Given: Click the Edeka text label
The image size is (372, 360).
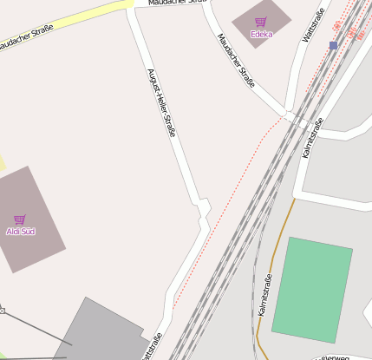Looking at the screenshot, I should pyautogui.click(x=261, y=35).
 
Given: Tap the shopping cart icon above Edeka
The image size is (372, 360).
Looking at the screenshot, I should pyautogui.click(x=261, y=23).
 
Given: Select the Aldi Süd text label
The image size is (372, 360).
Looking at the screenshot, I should pyautogui.click(x=20, y=232).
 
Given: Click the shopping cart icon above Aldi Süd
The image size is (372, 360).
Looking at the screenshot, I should pyautogui.click(x=20, y=219).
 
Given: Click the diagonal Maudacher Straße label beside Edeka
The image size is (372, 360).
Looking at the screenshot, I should pyautogui.click(x=236, y=61).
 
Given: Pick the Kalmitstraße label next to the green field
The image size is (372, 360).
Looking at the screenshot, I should pyautogui.click(x=265, y=294).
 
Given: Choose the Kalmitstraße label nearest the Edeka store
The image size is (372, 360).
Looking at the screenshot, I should pyautogui.click(x=313, y=137).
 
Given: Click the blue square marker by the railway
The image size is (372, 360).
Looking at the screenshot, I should pyautogui.click(x=333, y=45).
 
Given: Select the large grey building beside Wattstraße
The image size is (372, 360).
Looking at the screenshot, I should pyautogui.click(x=100, y=334).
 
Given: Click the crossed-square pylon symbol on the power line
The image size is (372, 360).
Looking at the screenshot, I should pyautogui.click(x=2, y=310).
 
